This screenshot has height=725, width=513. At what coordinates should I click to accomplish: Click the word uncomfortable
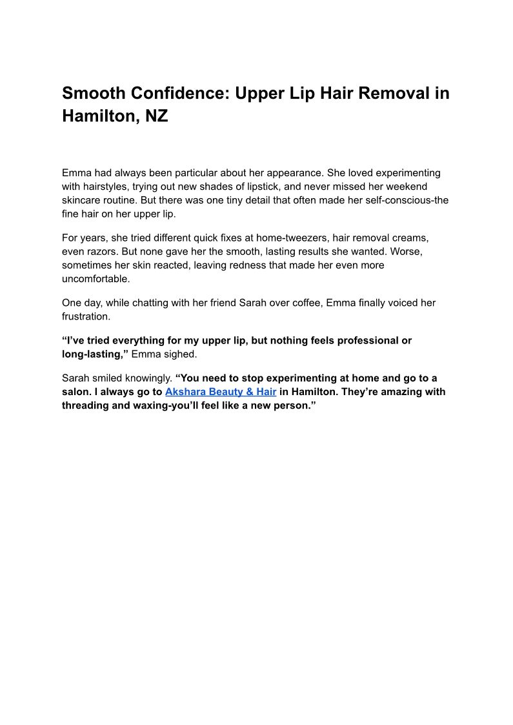96,279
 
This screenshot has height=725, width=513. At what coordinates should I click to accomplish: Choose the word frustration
86,317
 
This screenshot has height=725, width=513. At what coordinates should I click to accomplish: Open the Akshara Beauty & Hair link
221,391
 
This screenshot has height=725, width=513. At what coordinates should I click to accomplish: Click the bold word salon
75,391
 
